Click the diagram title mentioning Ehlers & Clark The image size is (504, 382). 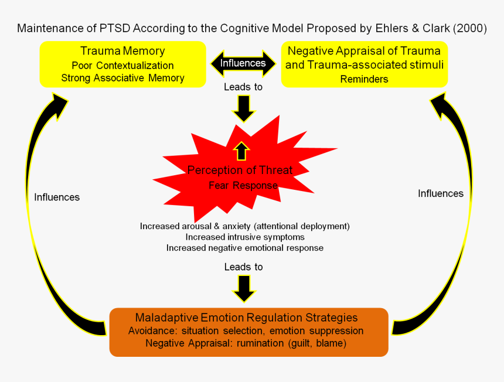point(252,29)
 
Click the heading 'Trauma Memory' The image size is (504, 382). point(122,51)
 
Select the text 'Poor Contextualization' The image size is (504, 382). point(122,65)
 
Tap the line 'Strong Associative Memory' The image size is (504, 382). point(122,78)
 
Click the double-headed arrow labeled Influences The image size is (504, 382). point(243,63)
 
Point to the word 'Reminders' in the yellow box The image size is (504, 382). point(364,79)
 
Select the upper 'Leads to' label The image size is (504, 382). point(243,87)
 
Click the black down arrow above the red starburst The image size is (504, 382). point(243,107)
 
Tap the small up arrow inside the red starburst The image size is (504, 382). point(241,150)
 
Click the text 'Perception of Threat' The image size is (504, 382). point(240,170)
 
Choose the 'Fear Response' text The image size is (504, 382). point(243,185)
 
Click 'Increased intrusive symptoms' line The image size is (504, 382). point(245,237)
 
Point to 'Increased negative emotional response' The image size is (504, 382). point(245,248)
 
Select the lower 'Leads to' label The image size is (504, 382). point(243,267)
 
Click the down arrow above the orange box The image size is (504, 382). point(243,287)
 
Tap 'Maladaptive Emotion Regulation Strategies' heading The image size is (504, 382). point(246,318)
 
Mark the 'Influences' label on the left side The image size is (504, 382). point(57,197)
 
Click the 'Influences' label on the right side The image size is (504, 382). point(441,193)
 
